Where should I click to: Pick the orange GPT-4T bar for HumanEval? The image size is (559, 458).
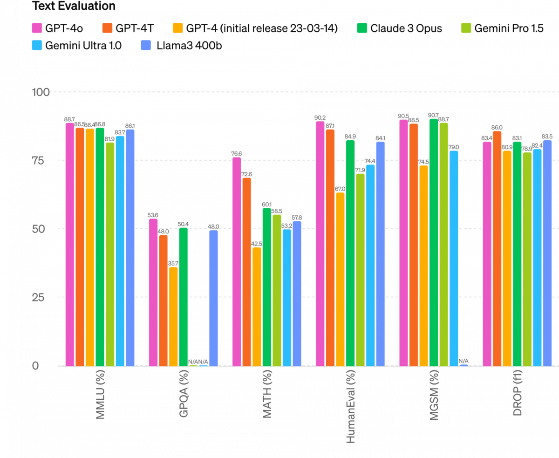(x=330, y=247)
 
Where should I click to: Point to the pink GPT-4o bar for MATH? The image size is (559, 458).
(x=237, y=261)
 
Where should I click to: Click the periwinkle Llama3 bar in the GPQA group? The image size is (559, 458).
(x=213, y=298)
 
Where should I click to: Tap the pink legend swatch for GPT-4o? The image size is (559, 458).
(x=37, y=28)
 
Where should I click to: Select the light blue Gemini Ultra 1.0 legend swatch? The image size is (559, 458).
(x=37, y=46)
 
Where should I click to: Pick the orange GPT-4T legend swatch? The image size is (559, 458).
(x=107, y=28)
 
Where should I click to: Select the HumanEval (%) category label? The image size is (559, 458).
(x=351, y=406)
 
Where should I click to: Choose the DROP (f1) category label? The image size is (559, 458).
(x=518, y=394)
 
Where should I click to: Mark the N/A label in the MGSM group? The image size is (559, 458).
(x=464, y=361)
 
